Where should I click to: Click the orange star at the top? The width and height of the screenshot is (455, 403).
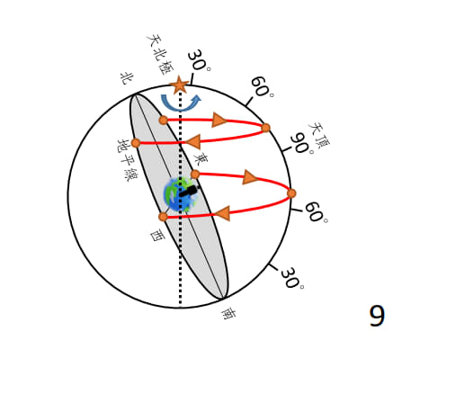point(179,85)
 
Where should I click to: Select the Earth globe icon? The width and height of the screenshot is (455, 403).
point(181,194)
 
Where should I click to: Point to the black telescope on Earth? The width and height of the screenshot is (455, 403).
point(189,191)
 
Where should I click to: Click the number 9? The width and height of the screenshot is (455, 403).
point(377,316)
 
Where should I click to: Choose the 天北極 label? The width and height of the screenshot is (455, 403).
point(160,55)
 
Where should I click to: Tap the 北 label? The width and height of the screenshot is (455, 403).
point(127,78)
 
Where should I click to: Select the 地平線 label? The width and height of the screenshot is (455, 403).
point(127,160)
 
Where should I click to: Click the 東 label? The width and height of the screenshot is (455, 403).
point(201,159)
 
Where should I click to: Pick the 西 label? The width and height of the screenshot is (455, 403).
point(157,236)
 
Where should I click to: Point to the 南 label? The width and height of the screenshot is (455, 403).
point(228,314)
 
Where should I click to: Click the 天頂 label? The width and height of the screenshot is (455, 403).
point(318,135)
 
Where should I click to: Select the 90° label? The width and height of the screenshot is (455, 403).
point(302,144)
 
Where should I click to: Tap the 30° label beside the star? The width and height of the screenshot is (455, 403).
point(199,60)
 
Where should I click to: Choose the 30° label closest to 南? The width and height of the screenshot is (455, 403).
point(292,278)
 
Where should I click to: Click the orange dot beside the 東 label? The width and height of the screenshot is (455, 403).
point(195,175)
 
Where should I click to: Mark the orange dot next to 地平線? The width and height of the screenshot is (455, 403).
point(136,143)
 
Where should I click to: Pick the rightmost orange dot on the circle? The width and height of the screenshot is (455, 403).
point(291,193)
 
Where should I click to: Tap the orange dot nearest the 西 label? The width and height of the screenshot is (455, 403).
point(163,217)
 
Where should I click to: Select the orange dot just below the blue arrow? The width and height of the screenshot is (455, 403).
point(164,121)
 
